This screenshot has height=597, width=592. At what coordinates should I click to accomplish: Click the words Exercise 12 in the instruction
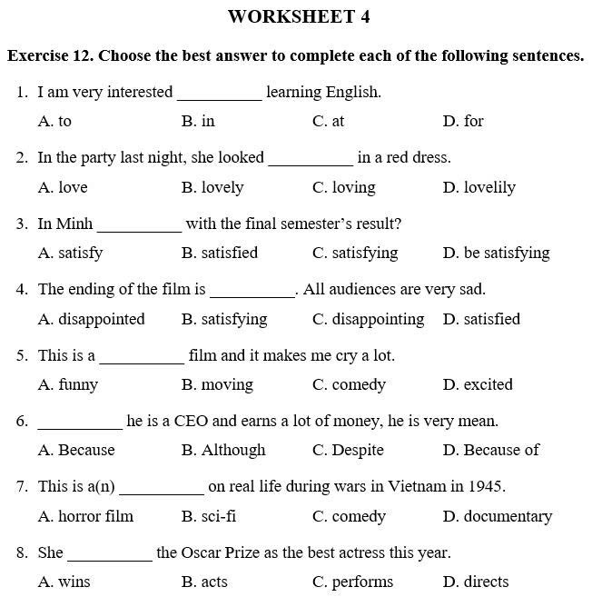pos(49,56)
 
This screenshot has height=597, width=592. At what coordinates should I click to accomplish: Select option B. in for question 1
pos(198,121)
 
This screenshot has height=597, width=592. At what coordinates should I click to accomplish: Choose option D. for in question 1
pos(463,121)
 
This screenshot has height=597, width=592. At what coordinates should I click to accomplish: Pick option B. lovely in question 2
pos(212,187)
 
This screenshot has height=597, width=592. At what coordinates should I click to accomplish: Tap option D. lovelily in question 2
pos(479,187)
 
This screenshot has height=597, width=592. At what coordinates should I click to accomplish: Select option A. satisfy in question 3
pos(70,253)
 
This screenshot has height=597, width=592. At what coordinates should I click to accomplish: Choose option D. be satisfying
pos(496,253)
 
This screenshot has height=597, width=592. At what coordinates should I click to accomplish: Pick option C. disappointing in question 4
pos(368,319)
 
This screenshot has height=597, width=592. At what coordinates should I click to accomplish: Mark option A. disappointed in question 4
pos(91,319)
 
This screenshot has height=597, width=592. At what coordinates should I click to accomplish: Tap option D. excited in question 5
pos(478,384)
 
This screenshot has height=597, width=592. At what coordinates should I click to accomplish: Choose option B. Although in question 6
pos(223,450)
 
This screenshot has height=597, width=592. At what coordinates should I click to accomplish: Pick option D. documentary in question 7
pos(498,516)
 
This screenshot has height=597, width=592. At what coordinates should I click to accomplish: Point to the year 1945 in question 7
pos(487,486)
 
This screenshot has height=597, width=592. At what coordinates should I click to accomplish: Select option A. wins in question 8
pos(64,582)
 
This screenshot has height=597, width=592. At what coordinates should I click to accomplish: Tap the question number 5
pos(22,355)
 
